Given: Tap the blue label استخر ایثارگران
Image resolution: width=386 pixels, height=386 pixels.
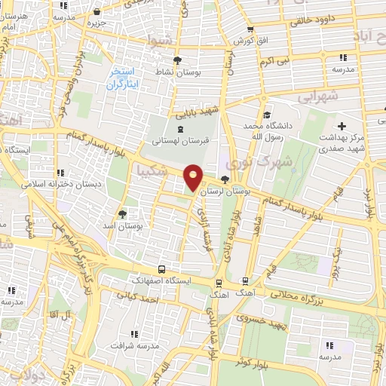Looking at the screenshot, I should click(121, 77).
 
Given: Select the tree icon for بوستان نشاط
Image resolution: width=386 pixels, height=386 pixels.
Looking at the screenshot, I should click(177, 60).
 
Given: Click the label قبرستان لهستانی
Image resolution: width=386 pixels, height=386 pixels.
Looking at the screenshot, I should click(178, 141).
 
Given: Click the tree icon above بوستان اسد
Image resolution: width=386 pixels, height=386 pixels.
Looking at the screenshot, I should click(123, 214).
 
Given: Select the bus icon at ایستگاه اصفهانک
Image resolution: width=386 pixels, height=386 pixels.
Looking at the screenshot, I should click(162, 268).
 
